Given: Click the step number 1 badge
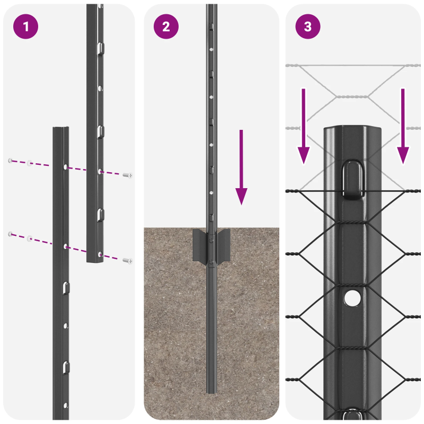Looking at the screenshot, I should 25,27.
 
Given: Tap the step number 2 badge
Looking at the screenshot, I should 166,27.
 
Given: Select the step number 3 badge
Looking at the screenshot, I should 308,27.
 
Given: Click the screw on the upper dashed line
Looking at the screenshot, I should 127,175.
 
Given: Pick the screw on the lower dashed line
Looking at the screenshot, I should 127,260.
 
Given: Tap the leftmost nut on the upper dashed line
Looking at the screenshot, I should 10,161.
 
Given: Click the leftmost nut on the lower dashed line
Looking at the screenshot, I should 10,234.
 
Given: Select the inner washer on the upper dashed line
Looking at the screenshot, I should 30,163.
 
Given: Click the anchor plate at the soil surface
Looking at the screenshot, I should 211,246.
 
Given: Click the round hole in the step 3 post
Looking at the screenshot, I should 351,298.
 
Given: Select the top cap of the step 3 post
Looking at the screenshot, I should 353,131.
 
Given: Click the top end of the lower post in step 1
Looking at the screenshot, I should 60,130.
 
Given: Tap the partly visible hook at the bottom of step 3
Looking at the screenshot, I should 352,415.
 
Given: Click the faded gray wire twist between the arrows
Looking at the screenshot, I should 353,96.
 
